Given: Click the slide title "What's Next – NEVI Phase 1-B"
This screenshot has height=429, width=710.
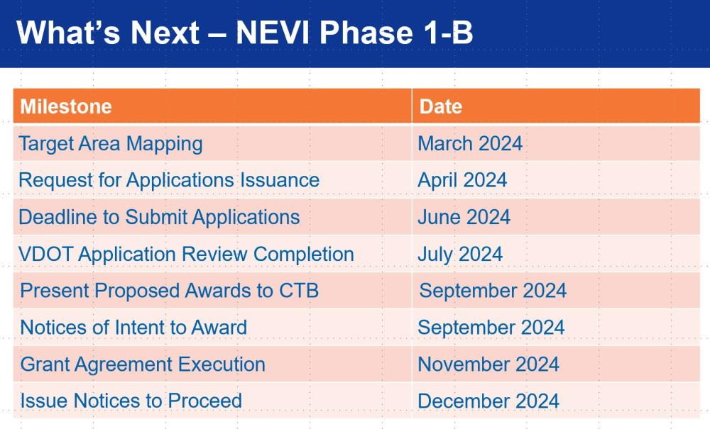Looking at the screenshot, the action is (x=244, y=33).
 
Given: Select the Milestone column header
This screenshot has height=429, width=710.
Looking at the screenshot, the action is (x=66, y=106).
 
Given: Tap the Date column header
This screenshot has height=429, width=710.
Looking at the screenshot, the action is (x=441, y=106).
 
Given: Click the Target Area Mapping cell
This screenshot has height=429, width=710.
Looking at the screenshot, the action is (x=111, y=144).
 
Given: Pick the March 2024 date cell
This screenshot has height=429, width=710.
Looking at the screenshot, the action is (x=470, y=143).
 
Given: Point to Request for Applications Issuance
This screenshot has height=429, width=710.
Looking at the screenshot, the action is (x=169, y=181).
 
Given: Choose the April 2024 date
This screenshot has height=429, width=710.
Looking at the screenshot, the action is (x=462, y=180).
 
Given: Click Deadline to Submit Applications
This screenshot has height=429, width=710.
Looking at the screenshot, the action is (x=159, y=218).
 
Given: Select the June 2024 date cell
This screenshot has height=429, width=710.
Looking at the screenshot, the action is (x=464, y=217).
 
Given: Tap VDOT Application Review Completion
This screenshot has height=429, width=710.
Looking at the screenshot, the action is (x=186, y=255).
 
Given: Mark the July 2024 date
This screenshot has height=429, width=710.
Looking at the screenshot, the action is (x=460, y=255).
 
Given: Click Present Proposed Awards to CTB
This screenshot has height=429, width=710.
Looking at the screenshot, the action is (x=170, y=291).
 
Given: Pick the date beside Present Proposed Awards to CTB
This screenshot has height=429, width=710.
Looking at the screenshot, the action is (x=493, y=291).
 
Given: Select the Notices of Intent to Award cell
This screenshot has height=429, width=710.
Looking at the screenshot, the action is (x=133, y=328).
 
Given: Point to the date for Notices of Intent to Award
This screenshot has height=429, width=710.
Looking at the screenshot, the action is (x=491, y=328).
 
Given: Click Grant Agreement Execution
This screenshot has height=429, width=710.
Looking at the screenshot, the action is (x=143, y=364).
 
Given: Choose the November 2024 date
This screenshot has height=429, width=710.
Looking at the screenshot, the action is (x=488, y=364).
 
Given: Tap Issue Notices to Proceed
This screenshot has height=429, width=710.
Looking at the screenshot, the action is (x=131, y=401).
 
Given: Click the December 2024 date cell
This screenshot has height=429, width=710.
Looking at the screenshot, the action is (x=488, y=401).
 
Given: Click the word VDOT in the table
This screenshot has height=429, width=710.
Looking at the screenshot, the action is (x=45, y=254).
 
